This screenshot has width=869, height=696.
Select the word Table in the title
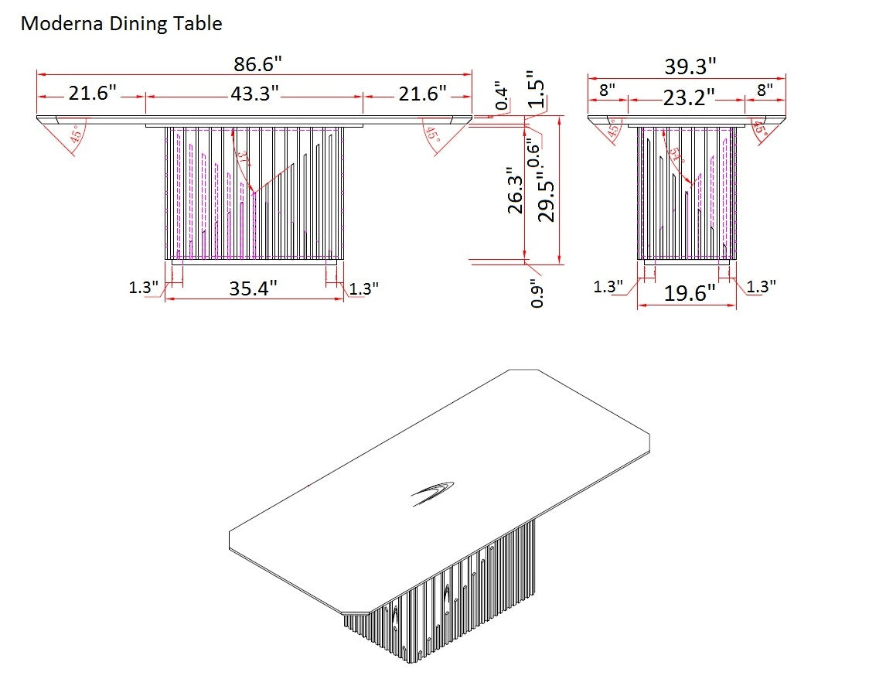[x=201, y=24]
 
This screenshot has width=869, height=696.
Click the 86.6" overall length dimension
[x=254, y=63]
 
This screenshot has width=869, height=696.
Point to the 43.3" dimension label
[x=254, y=94]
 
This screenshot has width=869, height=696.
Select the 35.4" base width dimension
[x=253, y=288]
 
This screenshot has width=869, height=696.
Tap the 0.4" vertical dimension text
[x=503, y=95]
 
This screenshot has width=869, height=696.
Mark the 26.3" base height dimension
[x=516, y=191]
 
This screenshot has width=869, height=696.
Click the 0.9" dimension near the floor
[x=538, y=294]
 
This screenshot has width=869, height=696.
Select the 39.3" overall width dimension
[x=690, y=67]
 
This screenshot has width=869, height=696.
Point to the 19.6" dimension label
[x=690, y=293]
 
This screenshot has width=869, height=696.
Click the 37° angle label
[x=244, y=161]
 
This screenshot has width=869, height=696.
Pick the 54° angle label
[x=677, y=154]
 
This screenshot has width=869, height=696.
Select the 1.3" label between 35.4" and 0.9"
[x=363, y=288]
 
